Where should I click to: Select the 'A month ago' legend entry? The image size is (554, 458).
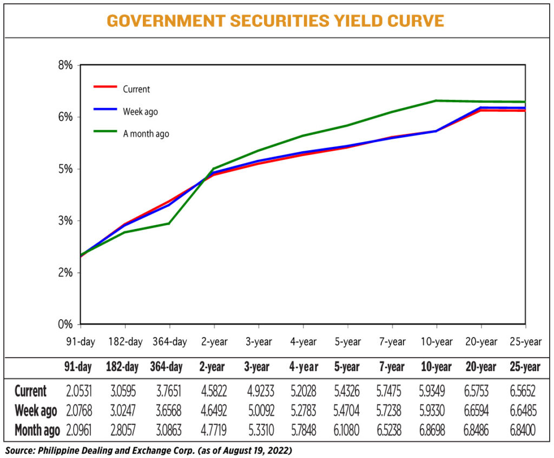[146, 134]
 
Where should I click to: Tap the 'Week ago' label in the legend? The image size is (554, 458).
[140, 112]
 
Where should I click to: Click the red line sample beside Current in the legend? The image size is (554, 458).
[105, 86]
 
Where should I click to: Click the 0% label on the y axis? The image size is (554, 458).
[64, 325]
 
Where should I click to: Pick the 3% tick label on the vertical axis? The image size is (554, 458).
[64, 221]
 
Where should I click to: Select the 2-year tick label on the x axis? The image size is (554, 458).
[214, 342]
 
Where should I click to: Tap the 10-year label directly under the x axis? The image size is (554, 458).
[436, 342]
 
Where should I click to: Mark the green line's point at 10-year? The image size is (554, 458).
[436, 100]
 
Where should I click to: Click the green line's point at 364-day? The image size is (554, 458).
[169, 223]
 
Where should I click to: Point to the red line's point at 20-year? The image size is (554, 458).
[480, 110]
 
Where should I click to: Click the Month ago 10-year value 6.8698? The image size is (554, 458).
[436, 430]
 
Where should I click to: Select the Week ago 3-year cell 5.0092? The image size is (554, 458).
[257, 411]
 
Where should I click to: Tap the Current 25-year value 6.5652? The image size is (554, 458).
[524, 391]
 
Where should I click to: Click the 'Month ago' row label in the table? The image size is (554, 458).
[36, 430]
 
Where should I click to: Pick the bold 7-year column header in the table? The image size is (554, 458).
[391, 367]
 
